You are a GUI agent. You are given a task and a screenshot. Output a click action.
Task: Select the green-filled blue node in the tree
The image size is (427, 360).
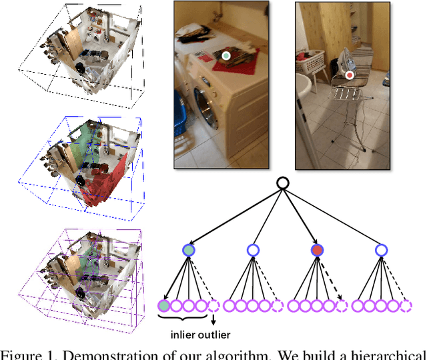click(x=189, y=250)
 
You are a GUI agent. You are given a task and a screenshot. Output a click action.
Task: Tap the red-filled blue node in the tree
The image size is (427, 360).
click(x=317, y=250)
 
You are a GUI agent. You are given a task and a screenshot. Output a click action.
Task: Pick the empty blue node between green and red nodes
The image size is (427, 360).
click(x=252, y=250)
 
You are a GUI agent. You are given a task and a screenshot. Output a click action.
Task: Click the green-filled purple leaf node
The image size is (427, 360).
click(x=163, y=306)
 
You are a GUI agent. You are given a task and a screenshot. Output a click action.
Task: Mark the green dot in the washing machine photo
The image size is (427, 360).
click(x=226, y=56)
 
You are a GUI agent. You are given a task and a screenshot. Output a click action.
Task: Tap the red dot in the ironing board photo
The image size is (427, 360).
click(x=350, y=75)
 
